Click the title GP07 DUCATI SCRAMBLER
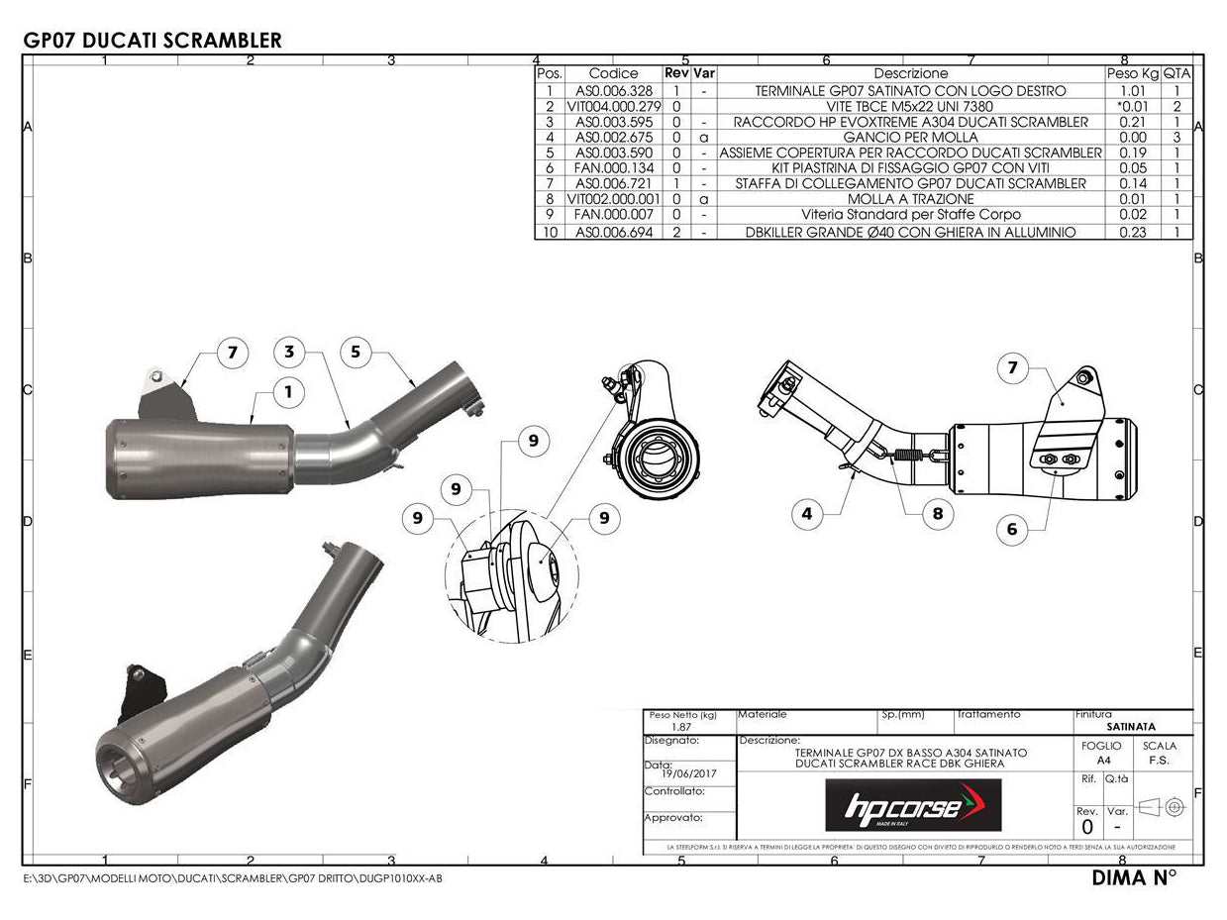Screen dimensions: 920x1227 (152, 40)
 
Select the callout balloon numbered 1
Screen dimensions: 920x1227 (288, 392)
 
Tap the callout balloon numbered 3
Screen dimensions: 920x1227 (288, 352)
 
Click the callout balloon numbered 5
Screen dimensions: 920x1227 (356, 352)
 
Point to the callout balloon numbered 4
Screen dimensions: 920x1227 (808, 513)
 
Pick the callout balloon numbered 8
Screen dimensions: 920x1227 (937, 513)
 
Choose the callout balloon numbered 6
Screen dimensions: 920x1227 (1011, 529)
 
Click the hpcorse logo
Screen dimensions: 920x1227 (912, 805)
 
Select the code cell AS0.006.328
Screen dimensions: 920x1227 (613, 90)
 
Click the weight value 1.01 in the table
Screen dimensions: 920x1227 (1132, 90)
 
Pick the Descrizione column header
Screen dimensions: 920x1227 (910, 73)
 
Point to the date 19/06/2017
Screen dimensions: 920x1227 (694, 773)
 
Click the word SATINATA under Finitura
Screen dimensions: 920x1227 (1132, 726)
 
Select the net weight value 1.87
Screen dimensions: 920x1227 (682, 726)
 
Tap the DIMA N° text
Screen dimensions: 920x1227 (1133, 877)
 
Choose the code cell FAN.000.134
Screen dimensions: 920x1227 (613, 168)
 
